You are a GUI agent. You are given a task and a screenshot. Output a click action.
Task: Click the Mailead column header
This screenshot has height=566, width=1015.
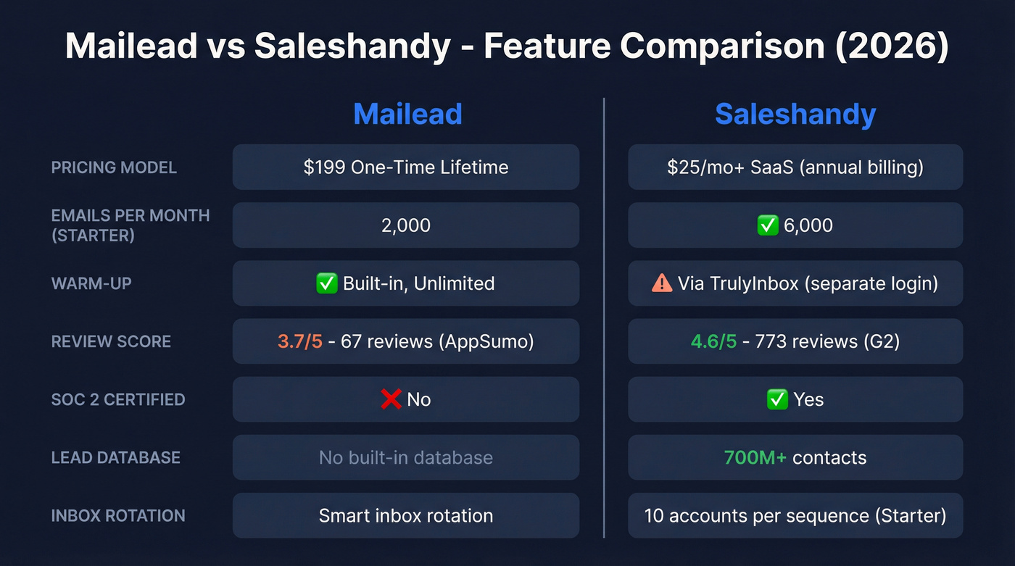(x=407, y=115)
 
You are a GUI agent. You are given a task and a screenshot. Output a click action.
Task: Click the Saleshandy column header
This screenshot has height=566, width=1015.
(x=795, y=115)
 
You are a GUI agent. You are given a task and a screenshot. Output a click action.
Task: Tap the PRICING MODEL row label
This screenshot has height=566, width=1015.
(x=114, y=167)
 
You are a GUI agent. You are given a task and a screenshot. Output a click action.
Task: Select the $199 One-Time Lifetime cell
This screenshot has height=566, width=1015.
(x=406, y=167)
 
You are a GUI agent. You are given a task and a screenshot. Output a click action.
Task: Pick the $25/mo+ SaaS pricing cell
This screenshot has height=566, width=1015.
(x=795, y=167)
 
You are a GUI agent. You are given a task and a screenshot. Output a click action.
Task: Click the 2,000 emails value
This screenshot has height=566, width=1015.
(x=406, y=225)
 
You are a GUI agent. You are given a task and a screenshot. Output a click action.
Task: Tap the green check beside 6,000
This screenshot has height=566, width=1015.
(x=768, y=225)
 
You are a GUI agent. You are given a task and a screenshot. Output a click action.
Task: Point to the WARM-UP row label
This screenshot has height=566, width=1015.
(x=91, y=283)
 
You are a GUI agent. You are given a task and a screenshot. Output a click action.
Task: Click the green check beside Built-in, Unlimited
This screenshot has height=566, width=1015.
(x=327, y=283)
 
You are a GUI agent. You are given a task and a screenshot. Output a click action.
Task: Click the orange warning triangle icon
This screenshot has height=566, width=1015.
(x=662, y=283)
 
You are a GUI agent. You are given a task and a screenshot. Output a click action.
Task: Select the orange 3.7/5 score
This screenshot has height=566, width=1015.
(x=299, y=341)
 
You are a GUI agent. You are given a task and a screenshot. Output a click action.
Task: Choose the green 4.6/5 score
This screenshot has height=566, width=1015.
(x=713, y=341)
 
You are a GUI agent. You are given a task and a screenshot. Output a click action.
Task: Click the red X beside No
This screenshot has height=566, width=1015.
(x=391, y=399)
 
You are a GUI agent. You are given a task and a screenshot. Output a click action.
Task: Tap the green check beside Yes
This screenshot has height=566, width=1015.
(x=777, y=399)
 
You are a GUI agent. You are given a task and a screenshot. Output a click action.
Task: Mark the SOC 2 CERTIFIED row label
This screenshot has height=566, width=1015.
(x=118, y=399)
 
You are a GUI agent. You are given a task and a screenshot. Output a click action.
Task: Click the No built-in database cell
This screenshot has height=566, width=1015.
(x=406, y=457)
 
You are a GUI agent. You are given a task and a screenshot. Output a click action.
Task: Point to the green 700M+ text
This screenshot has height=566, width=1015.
(x=755, y=457)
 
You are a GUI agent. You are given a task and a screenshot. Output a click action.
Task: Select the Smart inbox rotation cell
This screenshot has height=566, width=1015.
(x=406, y=515)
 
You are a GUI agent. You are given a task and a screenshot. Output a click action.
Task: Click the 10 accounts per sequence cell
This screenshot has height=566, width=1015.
(x=795, y=515)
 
